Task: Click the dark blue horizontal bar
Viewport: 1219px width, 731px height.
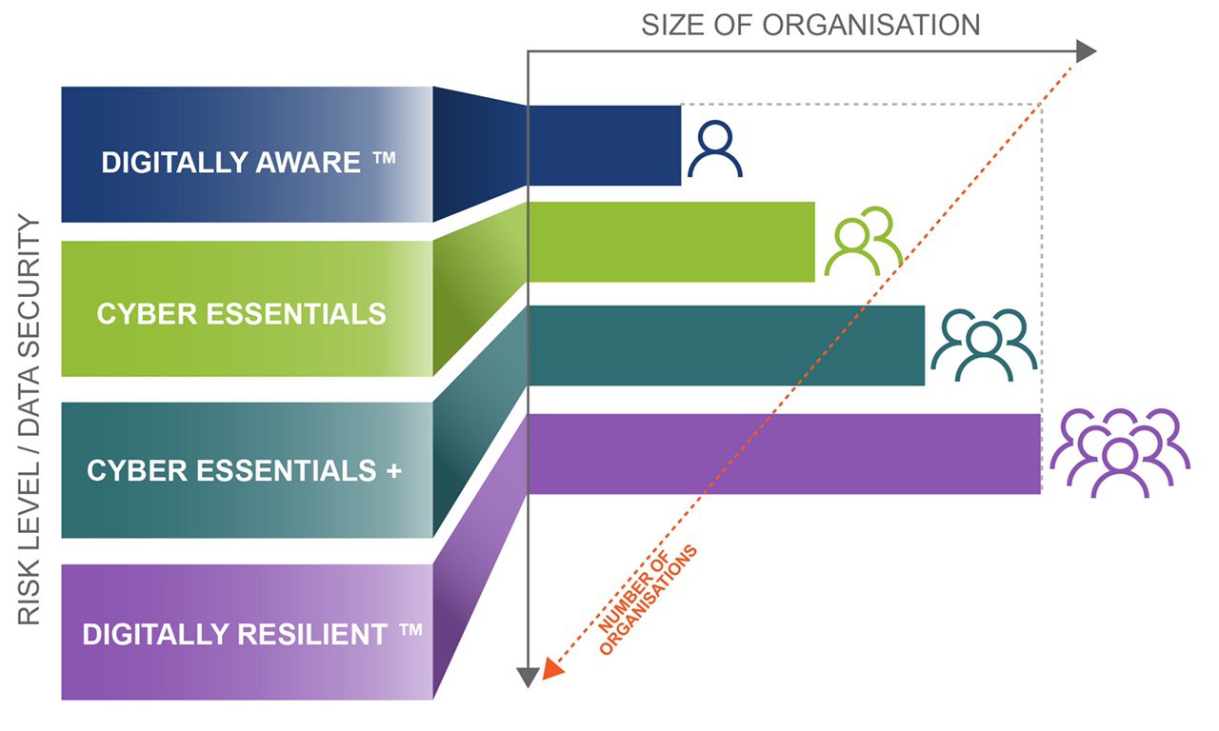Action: point(605,145)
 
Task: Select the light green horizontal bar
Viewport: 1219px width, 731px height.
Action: point(671,242)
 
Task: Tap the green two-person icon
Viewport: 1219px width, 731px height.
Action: point(863,242)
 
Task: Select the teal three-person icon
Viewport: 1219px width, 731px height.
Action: point(983,345)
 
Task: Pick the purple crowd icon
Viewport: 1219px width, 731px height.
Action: point(1120,452)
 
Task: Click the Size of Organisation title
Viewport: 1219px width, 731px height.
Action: point(810,24)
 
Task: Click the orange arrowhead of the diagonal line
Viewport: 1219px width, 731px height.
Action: point(553,670)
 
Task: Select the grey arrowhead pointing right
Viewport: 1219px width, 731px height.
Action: point(1087,52)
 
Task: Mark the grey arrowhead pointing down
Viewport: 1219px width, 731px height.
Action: point(528,677)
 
